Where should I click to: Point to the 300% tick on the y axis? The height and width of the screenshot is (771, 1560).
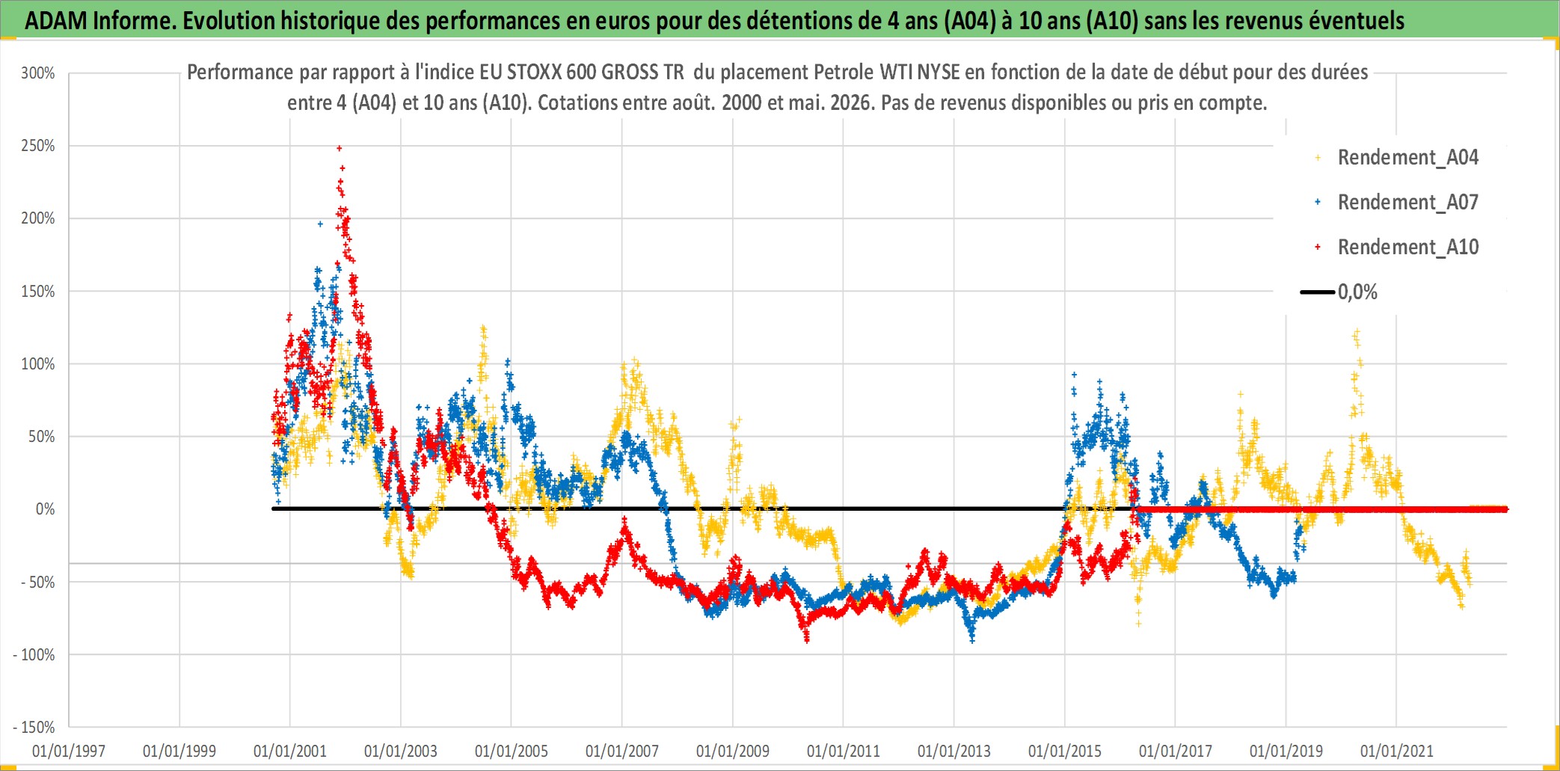pyautogui.click(x=38, y=73)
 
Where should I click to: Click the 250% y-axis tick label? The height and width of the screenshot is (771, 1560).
pyautogui.click(x=38, y=146)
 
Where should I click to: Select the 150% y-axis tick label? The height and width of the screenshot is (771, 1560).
pyautogui.click(x=38, y=292)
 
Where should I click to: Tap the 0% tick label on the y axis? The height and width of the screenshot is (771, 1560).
pyautogui.click(x=46, y=509)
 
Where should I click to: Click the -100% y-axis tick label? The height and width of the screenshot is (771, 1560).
pyautogui.click(x=34, y=655)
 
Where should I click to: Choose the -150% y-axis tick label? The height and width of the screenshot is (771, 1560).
pyautogui.click(x=34, y=728)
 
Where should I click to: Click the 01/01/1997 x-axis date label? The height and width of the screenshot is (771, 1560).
pyautogui.click(x=69, y=751)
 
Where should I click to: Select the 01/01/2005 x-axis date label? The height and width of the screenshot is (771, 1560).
pyautogui.click(x=512, y=751)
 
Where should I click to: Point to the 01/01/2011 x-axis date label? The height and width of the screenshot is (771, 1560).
pyautogui.click(x=844, y=751)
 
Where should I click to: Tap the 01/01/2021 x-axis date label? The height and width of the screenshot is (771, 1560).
pyautogui.click(x=1397, y=751)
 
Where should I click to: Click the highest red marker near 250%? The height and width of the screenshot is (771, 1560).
pyautogui.click(x=340, y=148)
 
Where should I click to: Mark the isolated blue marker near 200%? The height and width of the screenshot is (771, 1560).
pyautogui.click(x=320, y=224)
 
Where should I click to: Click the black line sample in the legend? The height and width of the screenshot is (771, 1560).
pyautogui.click(x=1317, y=292)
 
